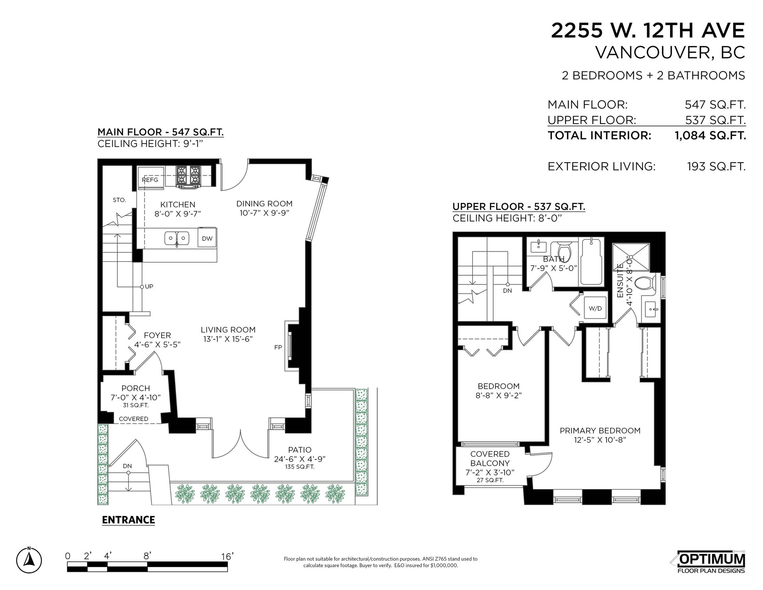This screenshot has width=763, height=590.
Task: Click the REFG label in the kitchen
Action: (150, 180)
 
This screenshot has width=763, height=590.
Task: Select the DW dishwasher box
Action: (207, 238)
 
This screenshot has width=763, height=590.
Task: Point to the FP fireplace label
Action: (278, 347)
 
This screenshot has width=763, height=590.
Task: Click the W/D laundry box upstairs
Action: (595, 308)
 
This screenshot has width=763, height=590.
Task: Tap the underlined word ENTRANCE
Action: (128, 520)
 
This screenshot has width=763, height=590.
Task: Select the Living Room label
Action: (228, 330)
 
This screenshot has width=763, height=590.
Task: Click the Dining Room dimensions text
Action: (264, 213)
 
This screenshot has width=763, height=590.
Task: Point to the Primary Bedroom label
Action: (600, 431)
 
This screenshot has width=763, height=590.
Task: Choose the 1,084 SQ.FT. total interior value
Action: (710, 136)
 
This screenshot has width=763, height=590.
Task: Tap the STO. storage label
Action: (119, 200)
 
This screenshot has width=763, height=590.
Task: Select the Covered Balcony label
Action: (490, 458)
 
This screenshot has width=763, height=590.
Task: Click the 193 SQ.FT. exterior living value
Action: (717, 166)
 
